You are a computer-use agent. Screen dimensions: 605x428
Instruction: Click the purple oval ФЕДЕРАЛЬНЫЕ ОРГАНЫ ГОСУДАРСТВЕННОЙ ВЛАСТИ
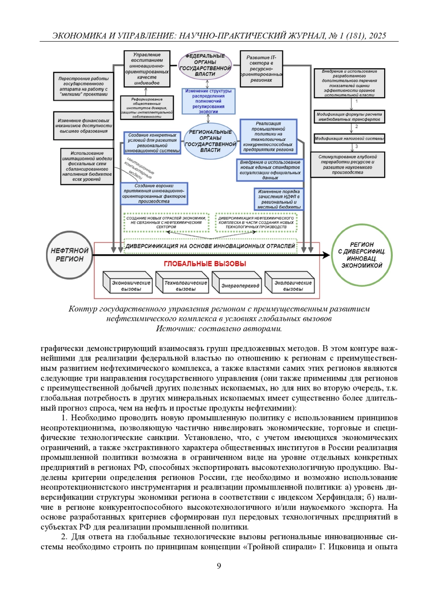205,65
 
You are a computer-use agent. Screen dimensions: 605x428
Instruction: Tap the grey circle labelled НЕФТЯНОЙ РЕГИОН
69,255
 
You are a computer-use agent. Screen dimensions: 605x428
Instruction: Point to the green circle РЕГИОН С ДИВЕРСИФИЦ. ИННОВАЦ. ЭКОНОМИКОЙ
362,255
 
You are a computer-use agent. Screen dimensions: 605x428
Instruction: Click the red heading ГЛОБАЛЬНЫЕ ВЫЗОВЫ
205,264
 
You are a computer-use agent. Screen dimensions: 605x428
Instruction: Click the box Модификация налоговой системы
349,139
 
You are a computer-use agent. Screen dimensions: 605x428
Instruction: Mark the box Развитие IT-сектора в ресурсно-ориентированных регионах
261,69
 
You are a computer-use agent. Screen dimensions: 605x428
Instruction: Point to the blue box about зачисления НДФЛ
279,199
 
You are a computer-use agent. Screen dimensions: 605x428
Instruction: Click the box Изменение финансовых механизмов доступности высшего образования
83,126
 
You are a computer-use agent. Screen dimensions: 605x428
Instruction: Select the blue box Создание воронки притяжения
154,193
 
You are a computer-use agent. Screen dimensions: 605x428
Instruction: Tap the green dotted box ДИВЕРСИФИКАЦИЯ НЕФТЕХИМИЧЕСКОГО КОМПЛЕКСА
256,222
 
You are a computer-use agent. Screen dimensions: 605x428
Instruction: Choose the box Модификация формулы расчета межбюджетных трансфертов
349,117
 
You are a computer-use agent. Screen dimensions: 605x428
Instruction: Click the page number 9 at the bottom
219,566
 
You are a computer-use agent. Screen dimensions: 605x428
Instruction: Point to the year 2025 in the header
377,36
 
